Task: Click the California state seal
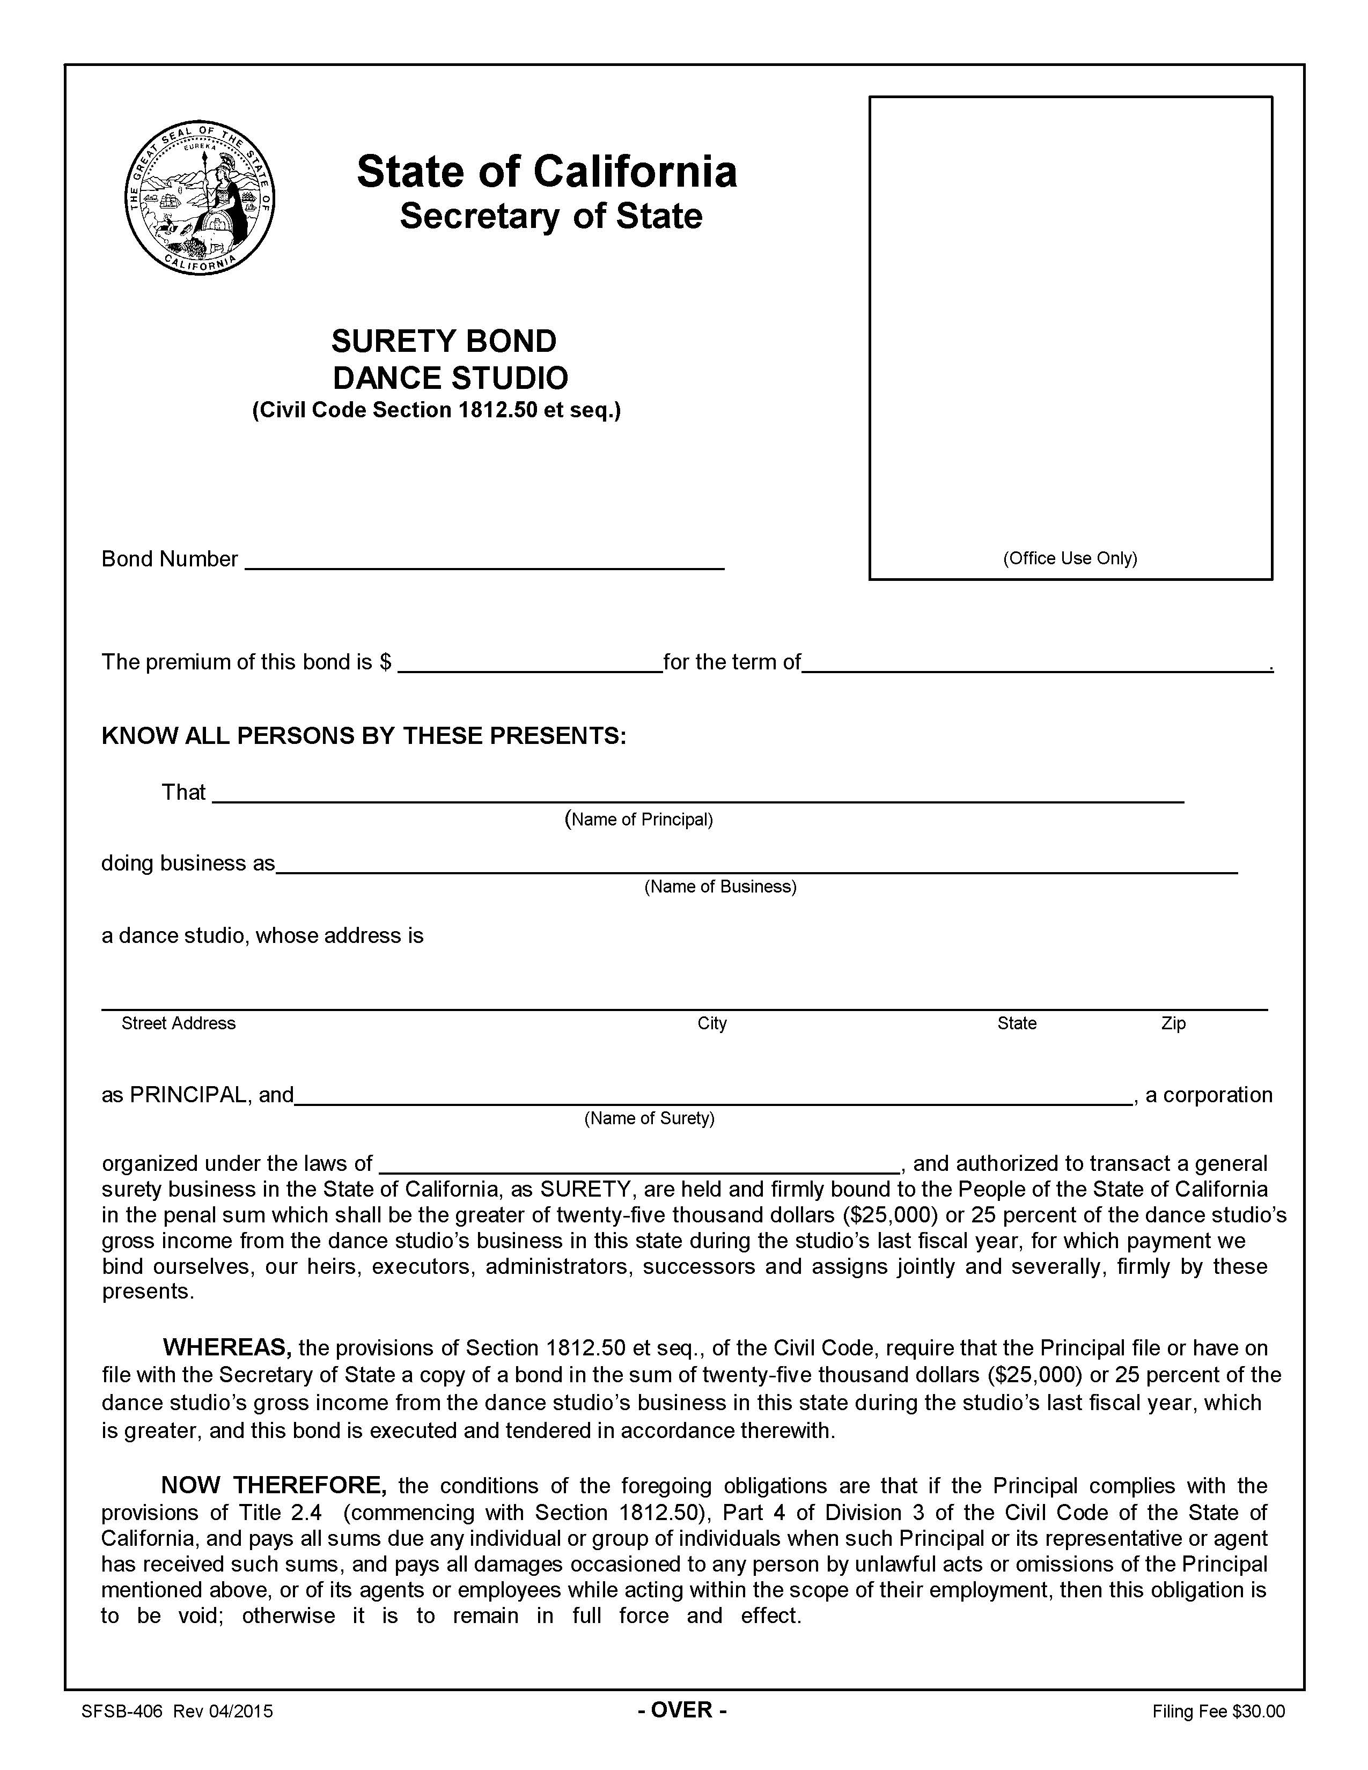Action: (200, 200)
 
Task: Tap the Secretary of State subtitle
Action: (550, 216)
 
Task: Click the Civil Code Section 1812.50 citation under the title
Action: (436, 411)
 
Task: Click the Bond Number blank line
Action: (484, 561)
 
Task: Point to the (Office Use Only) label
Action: (1070, 558)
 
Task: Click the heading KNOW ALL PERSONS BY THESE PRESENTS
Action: (363, 736)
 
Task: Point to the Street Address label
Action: (178, 1023)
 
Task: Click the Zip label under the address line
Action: (1173, 1023)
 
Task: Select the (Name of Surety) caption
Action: (649, 1118)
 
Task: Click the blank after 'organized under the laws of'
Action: (638, 1164)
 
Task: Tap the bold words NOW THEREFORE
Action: (273, 1485)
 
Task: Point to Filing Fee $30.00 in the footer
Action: (1218, 1712)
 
